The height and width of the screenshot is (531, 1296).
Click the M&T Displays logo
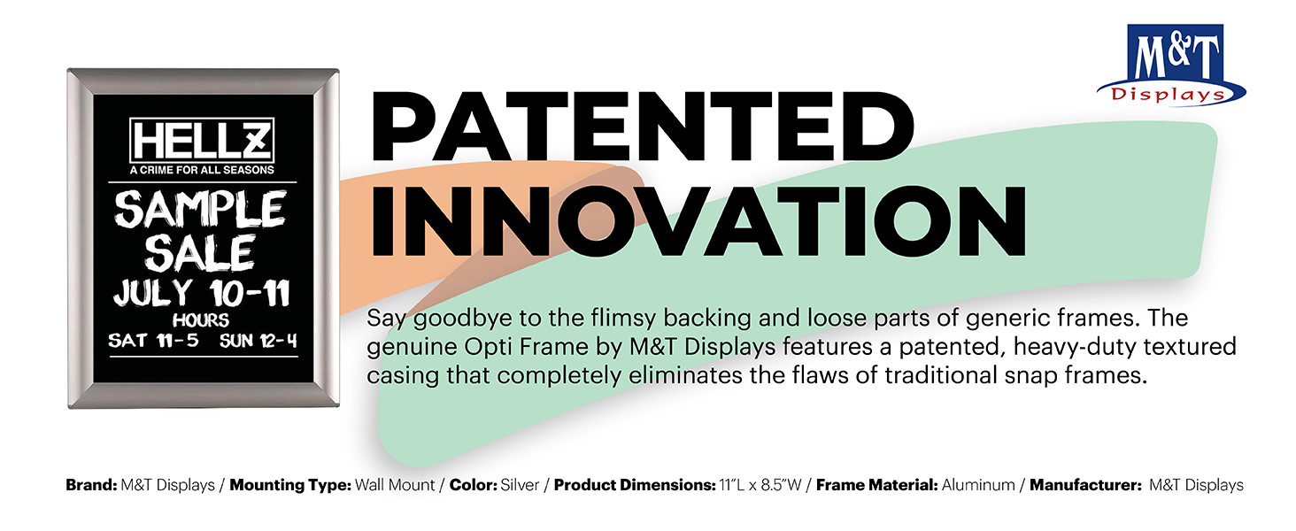[1171, 65]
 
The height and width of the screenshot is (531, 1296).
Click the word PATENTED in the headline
[642, 126]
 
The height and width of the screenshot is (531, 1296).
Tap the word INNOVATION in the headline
[698, 221]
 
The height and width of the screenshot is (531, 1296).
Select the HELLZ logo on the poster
[202, 140]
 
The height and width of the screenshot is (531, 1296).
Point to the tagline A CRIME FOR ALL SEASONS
[202, 170]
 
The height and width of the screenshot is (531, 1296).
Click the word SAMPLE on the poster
[200, 209]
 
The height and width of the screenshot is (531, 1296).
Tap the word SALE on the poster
[199, 253]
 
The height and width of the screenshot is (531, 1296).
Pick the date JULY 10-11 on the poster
[201, 293]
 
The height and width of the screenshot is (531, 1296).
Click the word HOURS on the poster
[201, 319]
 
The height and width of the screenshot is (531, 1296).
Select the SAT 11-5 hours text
[153, 340]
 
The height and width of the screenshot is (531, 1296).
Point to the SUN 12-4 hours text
[258, 341]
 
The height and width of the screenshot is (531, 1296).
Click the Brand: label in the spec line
[91, 485]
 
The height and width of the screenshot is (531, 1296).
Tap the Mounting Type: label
[290, 485]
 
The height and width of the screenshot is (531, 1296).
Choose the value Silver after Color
[520, 485]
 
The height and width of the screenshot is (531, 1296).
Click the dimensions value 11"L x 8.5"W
[760, 485]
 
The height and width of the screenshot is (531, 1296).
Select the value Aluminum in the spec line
[978, 485]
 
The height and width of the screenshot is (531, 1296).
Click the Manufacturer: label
[1085, 485]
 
